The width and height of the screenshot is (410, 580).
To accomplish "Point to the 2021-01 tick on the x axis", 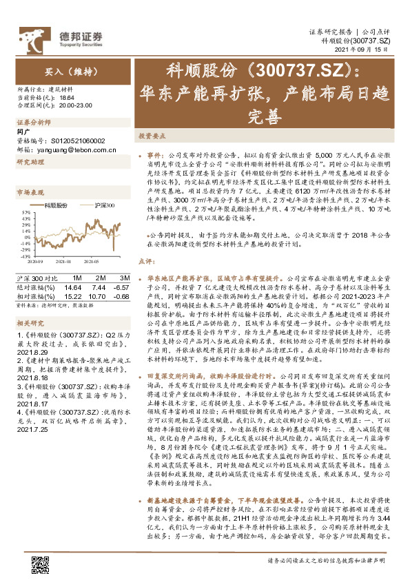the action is point(63,261).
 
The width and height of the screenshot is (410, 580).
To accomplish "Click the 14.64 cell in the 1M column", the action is point(72,287).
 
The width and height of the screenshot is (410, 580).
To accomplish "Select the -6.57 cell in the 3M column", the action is point(121,287).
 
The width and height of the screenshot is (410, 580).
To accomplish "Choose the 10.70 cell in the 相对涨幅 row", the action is point(97,295).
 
